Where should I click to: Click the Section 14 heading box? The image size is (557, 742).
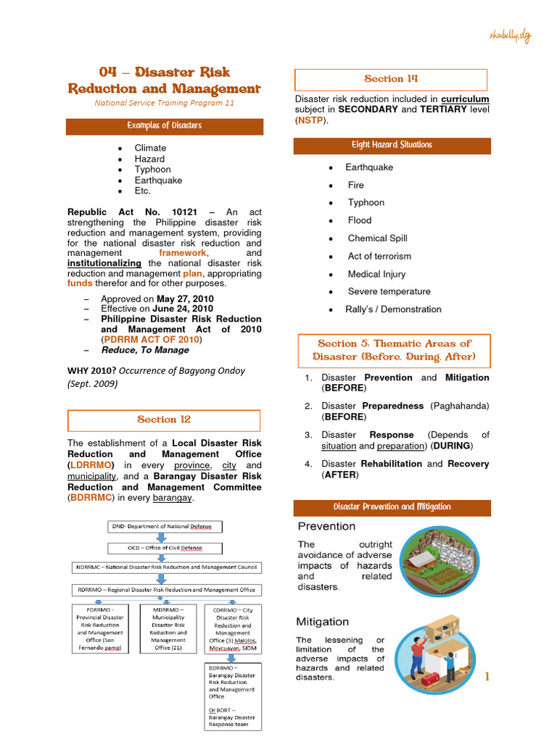pyautogui.click(x=391, y=79)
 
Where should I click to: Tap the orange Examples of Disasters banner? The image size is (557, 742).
pyautogui.click(x=164, y=126)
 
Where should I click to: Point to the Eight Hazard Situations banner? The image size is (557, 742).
pyautogui.click(x=392, y=145)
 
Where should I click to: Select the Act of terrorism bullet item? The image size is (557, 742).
pyautogui.click(x=379, y=257)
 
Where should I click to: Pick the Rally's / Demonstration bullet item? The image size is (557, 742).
pyautogui.click(x=392, y=309)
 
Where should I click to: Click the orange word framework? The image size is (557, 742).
pyautogui.click(x=182, y=254)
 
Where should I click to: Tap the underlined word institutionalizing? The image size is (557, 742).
pyautogui.click(x=104, y=264)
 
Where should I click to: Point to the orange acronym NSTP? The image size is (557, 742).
pyautogui.click(x=309, y=120)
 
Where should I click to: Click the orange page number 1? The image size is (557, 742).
pyautogui.click(x=487, y=677)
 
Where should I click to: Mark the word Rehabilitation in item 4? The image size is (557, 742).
pyautogui.click(x=391, y=464)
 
